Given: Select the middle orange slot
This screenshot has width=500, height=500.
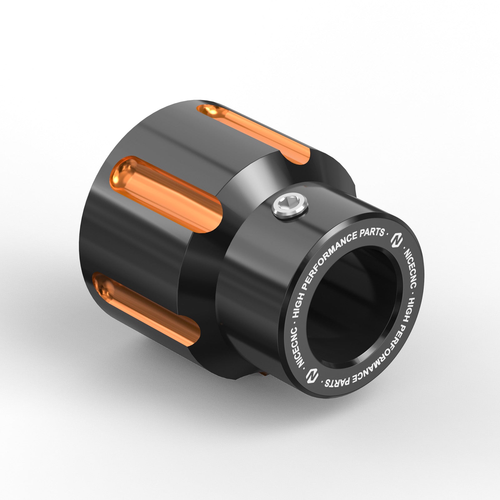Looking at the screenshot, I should tap(169, 194).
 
